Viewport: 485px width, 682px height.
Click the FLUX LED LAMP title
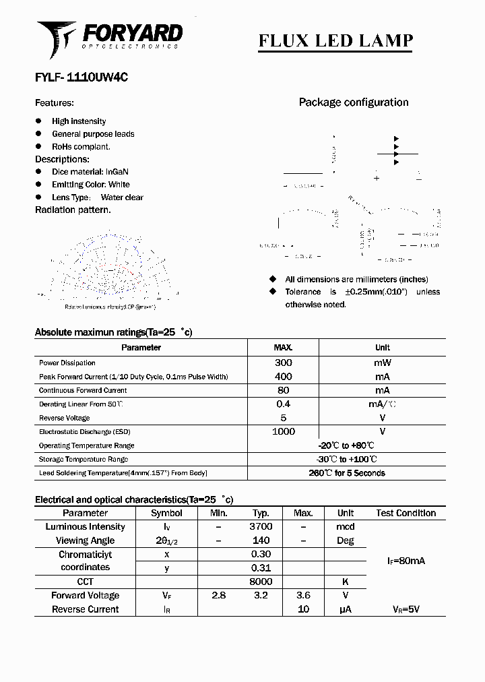(335, 40)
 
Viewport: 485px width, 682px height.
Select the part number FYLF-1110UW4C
(82, 77)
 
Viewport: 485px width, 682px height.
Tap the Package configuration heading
(353, 102)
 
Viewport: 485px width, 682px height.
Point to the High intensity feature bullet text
(79, 121)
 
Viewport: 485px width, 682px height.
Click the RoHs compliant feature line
(81, 146)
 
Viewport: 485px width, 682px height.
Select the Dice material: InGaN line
(90, 172)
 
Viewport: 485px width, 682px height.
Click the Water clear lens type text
(122, 197)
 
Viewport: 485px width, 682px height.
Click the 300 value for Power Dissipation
(283, 363)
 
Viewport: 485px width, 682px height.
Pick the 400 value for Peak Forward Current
(283, 377)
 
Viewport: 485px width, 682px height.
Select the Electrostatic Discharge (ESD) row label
(84, 431)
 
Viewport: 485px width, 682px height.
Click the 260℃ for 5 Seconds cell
(346, 473)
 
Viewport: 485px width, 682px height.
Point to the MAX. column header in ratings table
(283, 348)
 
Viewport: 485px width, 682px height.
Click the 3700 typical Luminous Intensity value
(261, 527)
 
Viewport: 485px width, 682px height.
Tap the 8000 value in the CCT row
(261, 582)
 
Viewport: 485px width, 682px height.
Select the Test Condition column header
(406, 513)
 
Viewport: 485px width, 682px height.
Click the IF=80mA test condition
(406, 561)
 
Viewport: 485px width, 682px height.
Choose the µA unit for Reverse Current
(345, 609)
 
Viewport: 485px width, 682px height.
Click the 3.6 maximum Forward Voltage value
(303, 596)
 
